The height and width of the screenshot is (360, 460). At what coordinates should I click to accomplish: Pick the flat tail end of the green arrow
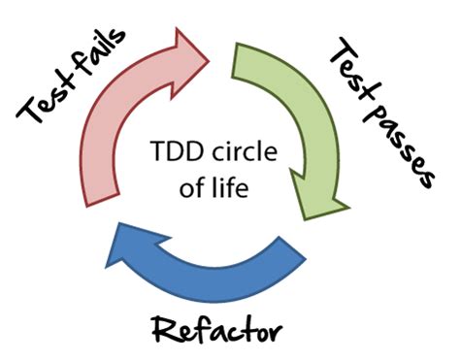(x=246, y=53)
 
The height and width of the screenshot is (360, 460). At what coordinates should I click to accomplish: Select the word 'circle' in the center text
(x=237, y=153)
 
